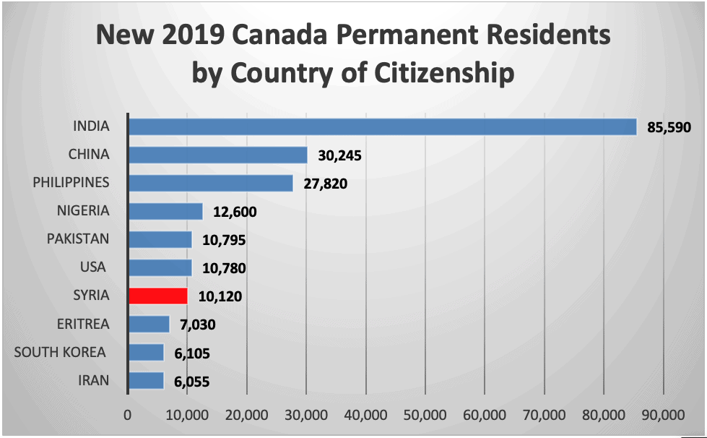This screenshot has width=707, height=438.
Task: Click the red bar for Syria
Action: point(158,296)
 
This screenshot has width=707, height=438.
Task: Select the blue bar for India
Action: point(383,126)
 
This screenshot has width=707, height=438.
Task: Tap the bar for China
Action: point(218,155)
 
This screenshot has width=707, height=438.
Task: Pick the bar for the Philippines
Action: point(211,183)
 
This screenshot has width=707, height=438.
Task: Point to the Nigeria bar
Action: point(165,211)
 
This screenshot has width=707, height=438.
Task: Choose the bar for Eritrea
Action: point(149,324)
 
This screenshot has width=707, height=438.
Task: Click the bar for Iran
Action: point(147,380)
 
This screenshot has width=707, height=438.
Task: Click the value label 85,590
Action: point(669,128)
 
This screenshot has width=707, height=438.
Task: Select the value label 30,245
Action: point(339,156)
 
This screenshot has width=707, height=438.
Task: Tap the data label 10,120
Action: point(220,296)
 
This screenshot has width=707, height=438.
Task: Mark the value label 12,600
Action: point(235,212)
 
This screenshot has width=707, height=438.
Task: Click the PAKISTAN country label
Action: point(78,239)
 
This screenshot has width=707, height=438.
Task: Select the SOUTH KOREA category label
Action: point(60,352)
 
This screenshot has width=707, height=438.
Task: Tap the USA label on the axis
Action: point(93,267)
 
